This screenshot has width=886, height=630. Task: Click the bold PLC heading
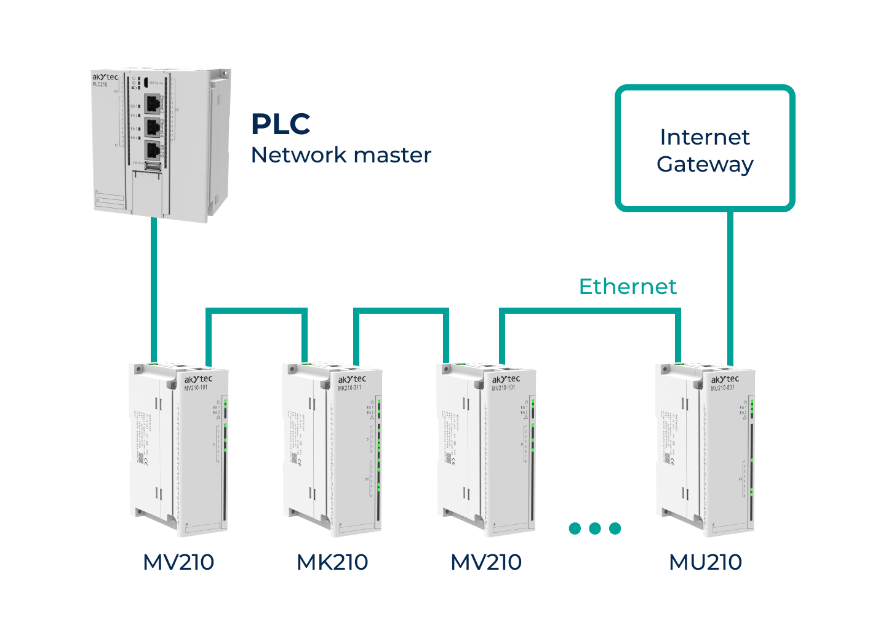[281, 124]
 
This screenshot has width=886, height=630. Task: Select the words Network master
[341, 155]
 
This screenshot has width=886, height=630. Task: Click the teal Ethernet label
[628, 287]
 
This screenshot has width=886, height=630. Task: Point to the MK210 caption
[332, 562]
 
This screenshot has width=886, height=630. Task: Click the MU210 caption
[705, 562]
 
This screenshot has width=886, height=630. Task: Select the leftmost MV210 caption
[178, 562]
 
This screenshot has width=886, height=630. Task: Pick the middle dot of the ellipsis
[595, 528]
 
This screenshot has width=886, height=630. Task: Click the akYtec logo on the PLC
[105, 78]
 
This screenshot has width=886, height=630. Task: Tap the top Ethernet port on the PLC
[152, 103]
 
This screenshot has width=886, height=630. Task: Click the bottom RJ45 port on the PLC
[152, 150]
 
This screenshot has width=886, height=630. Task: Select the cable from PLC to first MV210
[154, 289]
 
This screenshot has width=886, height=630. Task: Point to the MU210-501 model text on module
[722, 388]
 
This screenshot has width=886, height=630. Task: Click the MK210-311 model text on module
[349, 388]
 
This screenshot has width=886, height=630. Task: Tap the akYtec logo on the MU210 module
[725, 379]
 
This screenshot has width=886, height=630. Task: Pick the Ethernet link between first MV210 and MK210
[256, 311]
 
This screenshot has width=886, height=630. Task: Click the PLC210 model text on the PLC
[100, 85]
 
